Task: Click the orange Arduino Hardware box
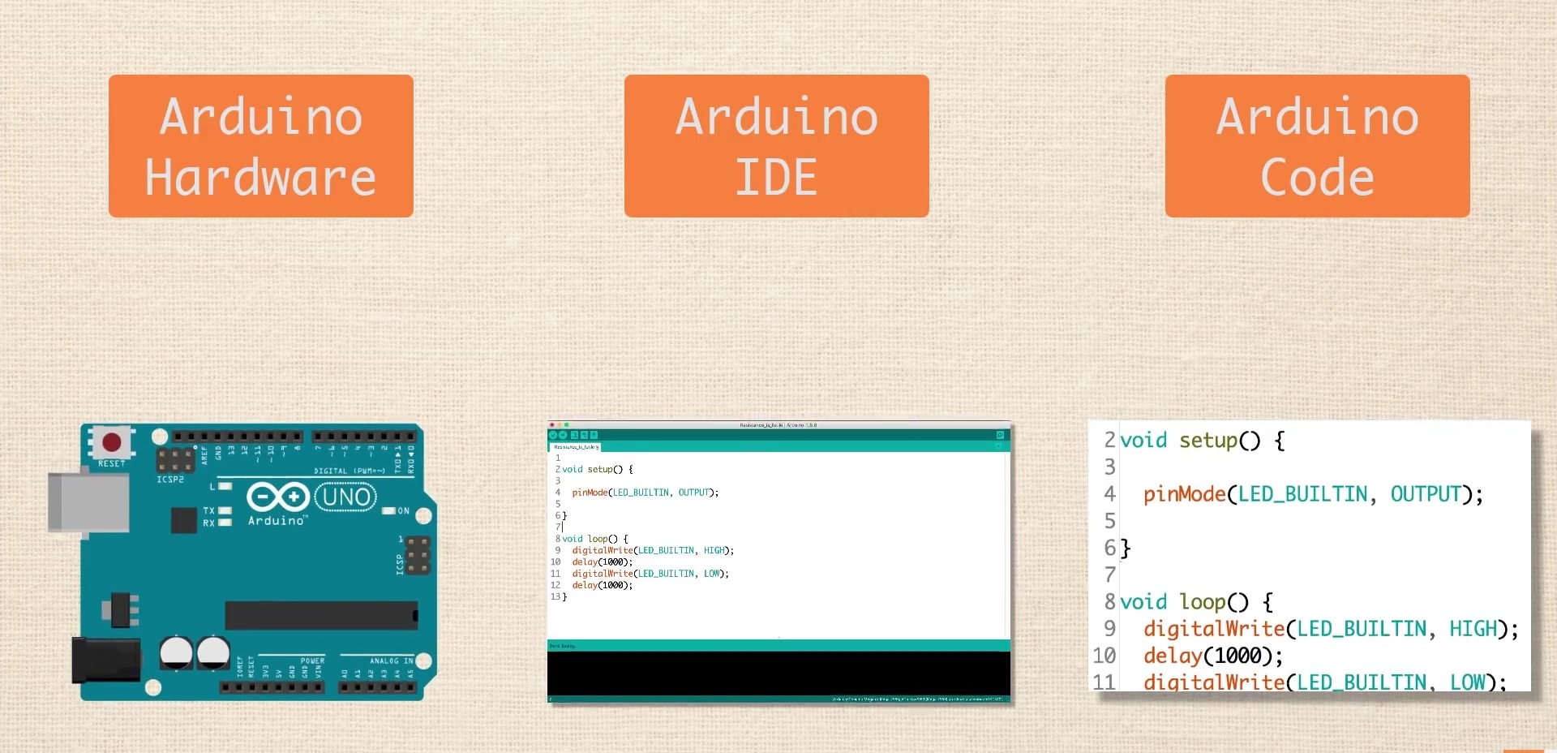pos(260,146)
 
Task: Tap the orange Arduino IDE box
pos(776,146)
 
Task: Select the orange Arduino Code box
pos(1317,146)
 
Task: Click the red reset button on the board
pos(112,442)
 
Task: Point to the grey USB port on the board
pos(88,502)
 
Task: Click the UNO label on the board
pos(346,496)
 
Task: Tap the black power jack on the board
pos(104,659)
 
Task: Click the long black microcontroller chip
pos(321,616)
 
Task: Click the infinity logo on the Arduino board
pos(277,496)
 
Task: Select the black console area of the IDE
pos(778,673)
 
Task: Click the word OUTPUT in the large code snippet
pos(1426,494)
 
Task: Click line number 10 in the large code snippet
pos(1104,656)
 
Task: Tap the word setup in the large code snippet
pos(1207,441)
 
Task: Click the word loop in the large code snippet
pos(1202,602)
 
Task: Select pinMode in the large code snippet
pos(1184,494)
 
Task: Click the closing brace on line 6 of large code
pos(1126,549)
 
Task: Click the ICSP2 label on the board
pos(170,480)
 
